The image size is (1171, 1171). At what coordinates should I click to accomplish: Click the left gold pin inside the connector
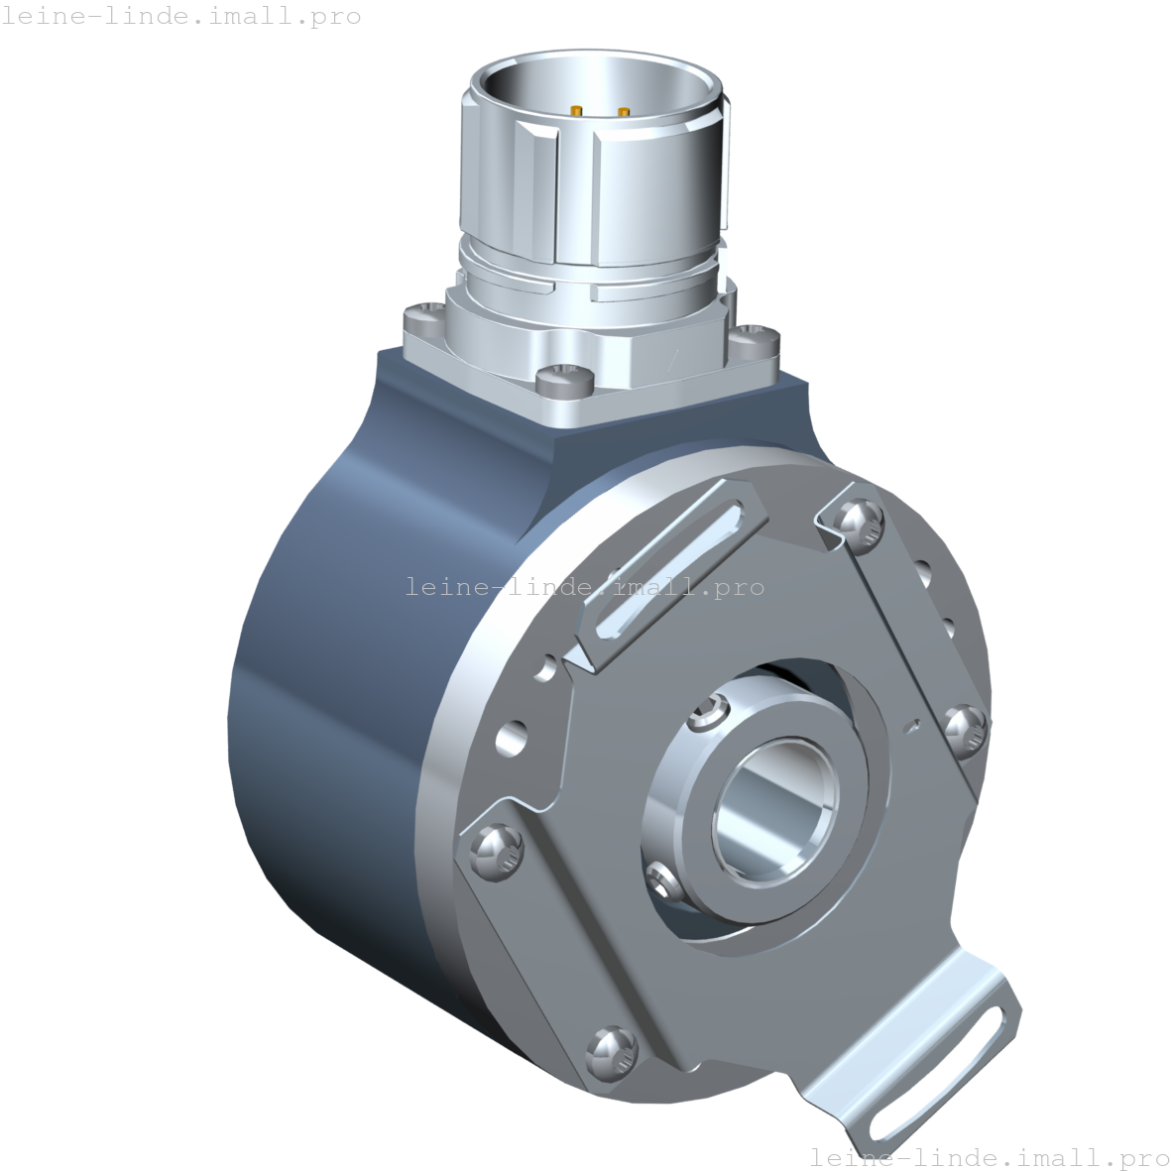point(576,109)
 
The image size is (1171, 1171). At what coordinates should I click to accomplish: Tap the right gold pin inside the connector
point(624,111)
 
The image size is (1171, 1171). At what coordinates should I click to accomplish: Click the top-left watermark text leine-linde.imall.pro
point(181,16)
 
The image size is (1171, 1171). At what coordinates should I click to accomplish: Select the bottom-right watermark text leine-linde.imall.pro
point(990,1157)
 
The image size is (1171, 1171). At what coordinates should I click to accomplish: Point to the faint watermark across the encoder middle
point(585,587)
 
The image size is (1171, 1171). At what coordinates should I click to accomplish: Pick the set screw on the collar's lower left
point(660,876)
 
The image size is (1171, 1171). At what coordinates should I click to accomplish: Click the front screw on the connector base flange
point(563,379)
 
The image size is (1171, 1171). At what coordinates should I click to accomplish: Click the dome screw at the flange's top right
point(859,523)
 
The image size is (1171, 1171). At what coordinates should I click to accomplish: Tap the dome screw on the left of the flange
point(493,851)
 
